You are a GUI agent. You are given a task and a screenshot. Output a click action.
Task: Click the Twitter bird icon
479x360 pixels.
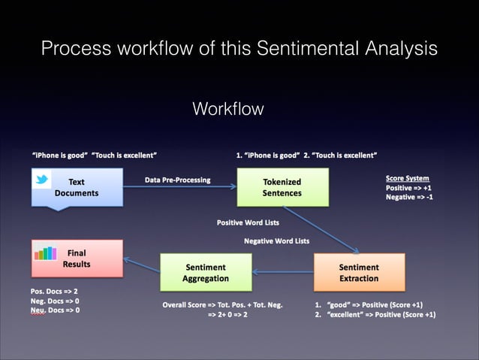[x=42, y=179]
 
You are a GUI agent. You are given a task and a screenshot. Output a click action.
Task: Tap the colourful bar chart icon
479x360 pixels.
[x=47, y=254]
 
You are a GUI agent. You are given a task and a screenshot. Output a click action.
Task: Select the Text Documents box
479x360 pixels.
[x=76, y=187]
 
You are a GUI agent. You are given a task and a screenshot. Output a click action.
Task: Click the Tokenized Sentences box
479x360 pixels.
[x=282, y=187]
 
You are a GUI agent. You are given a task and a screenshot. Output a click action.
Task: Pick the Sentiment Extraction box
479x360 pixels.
[x=359, y=272]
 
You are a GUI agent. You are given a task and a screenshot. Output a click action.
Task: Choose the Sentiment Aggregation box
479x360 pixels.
[x=206, y=272]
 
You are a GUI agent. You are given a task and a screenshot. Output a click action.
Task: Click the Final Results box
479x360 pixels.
[x=76, y=259]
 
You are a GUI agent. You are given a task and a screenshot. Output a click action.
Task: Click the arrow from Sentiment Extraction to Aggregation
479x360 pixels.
[x=282, y=272]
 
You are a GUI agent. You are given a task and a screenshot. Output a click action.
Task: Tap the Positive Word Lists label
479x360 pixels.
[x=247, y=222]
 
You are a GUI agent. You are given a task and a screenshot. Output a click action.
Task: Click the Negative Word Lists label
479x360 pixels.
[x=277, y=241]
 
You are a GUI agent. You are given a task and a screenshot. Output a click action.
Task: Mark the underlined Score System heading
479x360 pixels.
[x=407, y=178]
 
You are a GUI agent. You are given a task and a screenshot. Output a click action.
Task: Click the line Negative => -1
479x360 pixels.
[x=409, y=197]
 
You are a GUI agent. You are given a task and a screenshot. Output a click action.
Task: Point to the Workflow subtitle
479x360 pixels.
[x=228, y=109]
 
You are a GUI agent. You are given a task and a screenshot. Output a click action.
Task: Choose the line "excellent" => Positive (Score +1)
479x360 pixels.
[x=375, y=315]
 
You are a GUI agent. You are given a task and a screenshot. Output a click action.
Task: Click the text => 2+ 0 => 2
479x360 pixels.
[x=227, y=315]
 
